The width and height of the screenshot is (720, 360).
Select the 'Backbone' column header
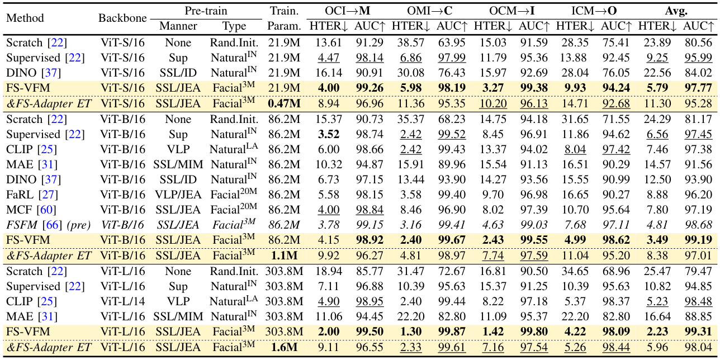(x=122, y=17)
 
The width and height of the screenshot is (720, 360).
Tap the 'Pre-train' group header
(x=206, y=10)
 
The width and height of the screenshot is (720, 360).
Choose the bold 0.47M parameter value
(x=285, y=103)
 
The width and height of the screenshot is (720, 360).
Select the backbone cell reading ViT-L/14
(x=122, y=301)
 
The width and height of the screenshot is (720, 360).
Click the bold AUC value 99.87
(x=449, y=331)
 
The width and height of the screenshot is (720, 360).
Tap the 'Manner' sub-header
(x=178, y=26)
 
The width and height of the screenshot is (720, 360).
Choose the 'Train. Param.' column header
(x=285, y=17)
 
